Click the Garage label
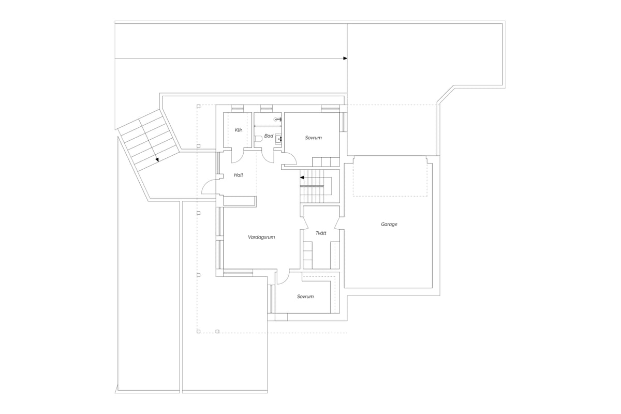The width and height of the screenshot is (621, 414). point(389,224)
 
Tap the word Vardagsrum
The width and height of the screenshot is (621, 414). point(261,237)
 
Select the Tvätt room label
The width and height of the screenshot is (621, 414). point(321,233)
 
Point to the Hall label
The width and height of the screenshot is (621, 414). point(239,175)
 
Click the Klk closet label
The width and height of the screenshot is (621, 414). point(239,130)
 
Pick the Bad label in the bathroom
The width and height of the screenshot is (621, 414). point(269,136)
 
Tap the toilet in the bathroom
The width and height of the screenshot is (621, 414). point(258,138)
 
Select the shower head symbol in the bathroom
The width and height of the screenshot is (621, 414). point(277,119)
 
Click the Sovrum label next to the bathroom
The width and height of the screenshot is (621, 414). point(313,138)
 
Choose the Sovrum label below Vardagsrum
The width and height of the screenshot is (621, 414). point(305,297)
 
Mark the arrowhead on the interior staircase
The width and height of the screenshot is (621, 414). point(302,178)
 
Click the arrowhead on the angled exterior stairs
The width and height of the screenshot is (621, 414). point(157,160)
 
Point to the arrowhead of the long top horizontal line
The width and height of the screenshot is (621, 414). point(346,58)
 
